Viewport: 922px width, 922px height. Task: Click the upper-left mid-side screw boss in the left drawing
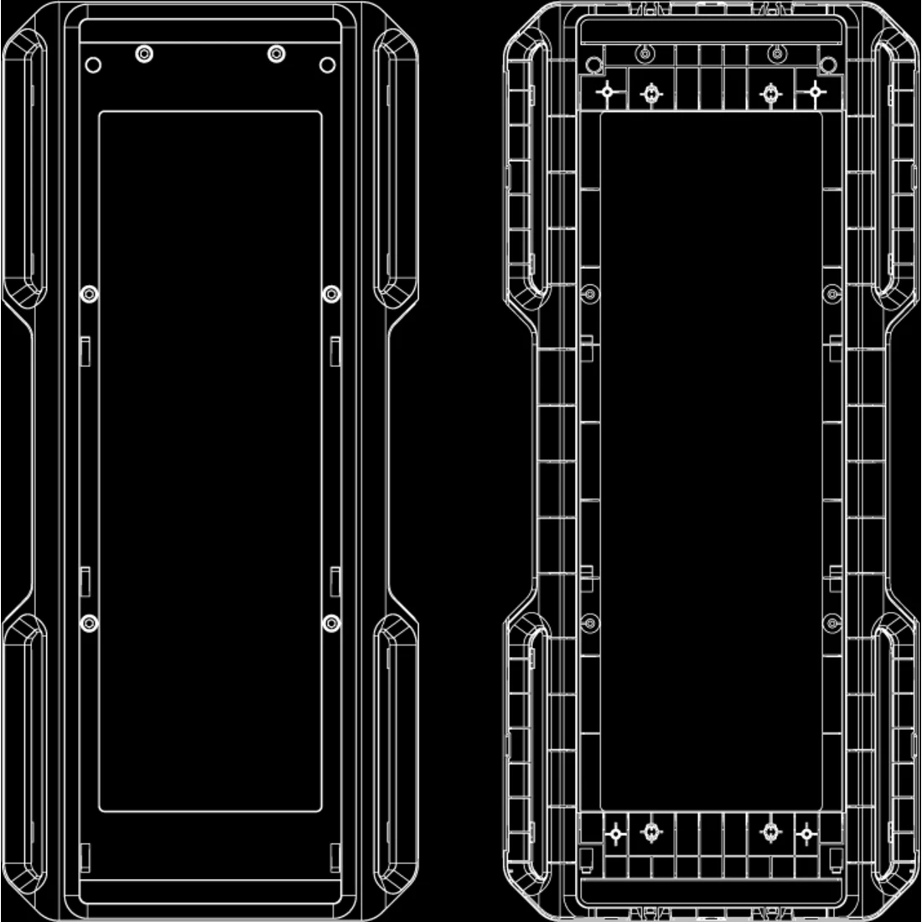tap(89, 294)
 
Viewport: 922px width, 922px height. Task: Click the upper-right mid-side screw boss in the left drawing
tap(331, 294)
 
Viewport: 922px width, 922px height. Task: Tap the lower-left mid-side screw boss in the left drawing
tap(89, 624)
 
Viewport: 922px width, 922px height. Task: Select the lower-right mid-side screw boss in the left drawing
tap(331, 624)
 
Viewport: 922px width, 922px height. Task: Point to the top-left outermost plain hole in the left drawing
tap(93, 65)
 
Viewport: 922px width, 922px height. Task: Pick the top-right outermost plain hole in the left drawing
tap(328, 65)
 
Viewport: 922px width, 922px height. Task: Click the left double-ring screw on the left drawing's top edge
tap(145, 54)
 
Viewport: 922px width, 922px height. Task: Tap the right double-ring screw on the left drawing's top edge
tap(276, 54)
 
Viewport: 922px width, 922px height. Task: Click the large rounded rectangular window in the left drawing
tap(210, 461)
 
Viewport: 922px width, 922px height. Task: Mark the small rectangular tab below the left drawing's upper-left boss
tap(85, 350)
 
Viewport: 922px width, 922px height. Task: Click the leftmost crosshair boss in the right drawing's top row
tap(609, 92)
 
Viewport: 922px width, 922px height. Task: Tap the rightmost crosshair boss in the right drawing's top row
tap(814, 92)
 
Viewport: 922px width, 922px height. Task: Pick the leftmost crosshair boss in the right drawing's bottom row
tap(616, 834)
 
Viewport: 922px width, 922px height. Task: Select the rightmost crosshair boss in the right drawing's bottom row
tap(806, 834)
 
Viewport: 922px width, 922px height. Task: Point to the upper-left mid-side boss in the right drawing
tap(590, 293)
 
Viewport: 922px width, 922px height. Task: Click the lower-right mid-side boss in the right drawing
tap(831, 623)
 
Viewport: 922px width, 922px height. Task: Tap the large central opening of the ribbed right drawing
tap(711, 461)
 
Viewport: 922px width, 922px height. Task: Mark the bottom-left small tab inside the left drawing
tap(85, 857)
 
